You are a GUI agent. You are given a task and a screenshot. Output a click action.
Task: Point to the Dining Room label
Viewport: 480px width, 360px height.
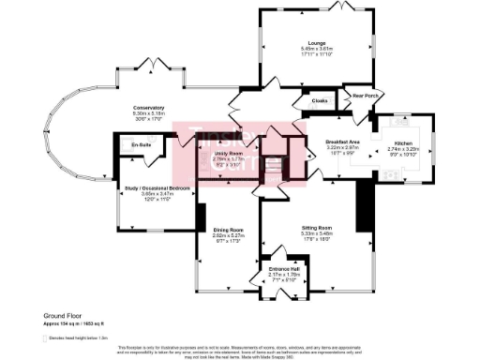click(x=228, y=230)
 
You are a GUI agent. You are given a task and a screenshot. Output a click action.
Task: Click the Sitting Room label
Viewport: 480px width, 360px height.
click(x=318, y=228)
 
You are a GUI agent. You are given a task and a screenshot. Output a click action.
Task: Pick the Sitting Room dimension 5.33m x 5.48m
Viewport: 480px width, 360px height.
click(x=318, y=233)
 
